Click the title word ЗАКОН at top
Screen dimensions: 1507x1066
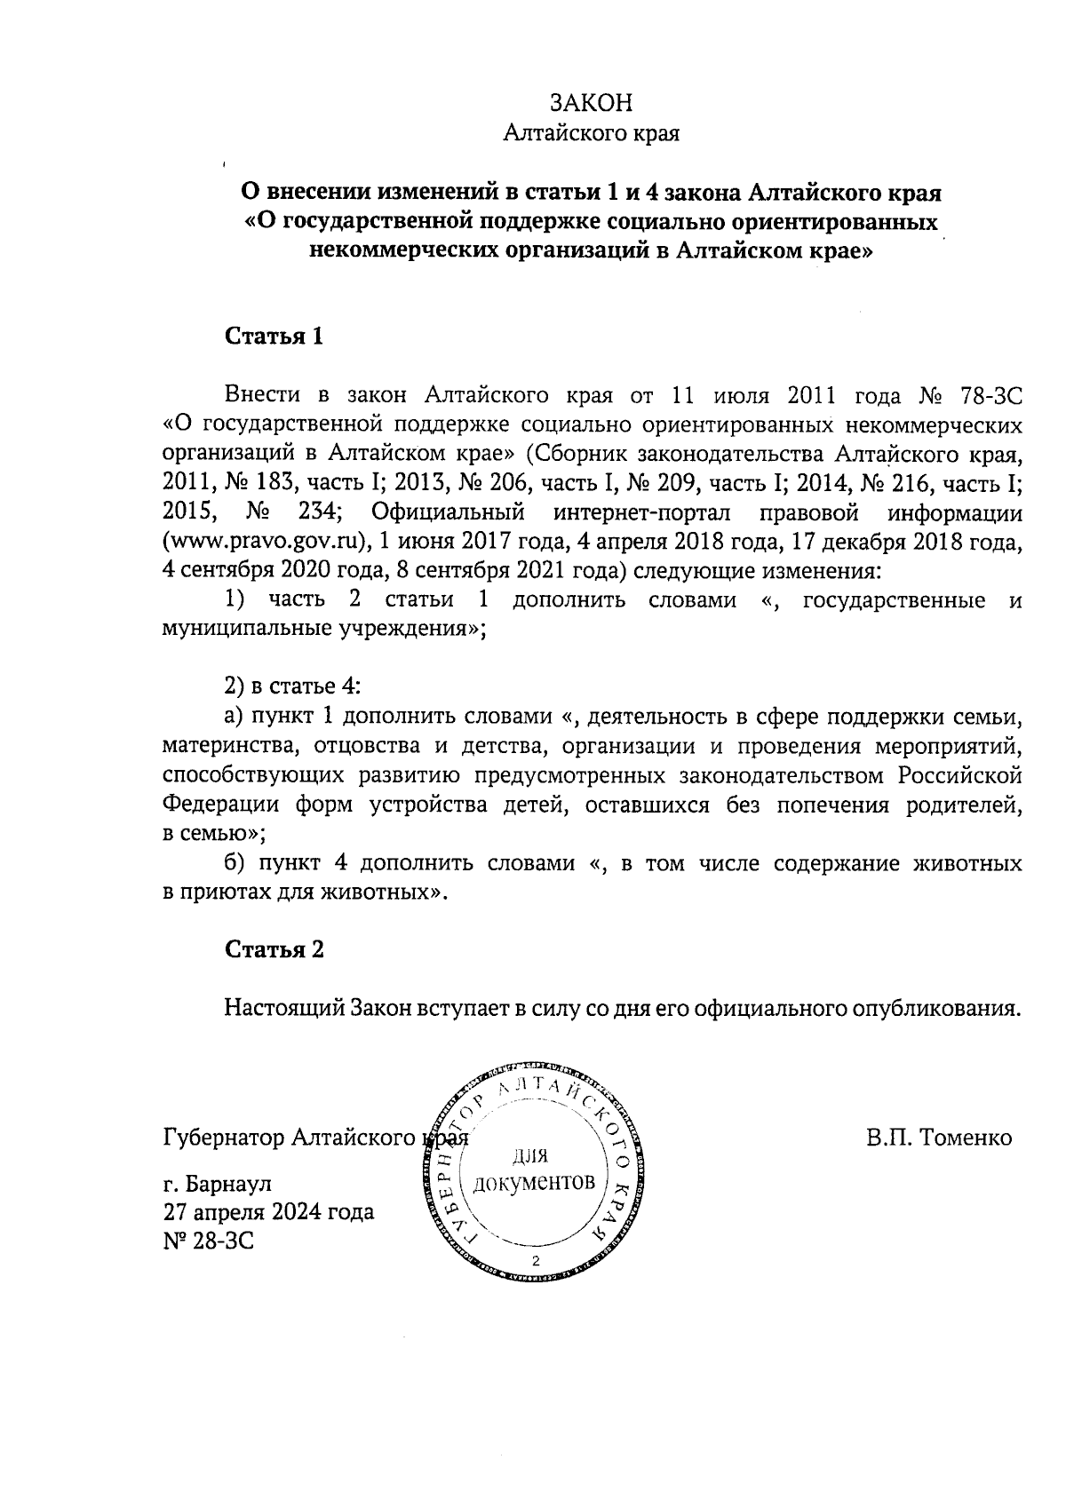click(591, 103)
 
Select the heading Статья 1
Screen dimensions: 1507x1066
click(274, 337)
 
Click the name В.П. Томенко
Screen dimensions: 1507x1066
click(939, 1138)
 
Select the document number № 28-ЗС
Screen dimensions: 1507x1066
click(209, 1241)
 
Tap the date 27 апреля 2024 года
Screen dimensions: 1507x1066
click(268, 1212)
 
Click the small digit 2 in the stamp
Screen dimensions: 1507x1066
click(535, 1262)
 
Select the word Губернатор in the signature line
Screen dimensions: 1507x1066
click(223, 1138)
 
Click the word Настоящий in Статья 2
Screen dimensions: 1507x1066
click(283, 1009)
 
